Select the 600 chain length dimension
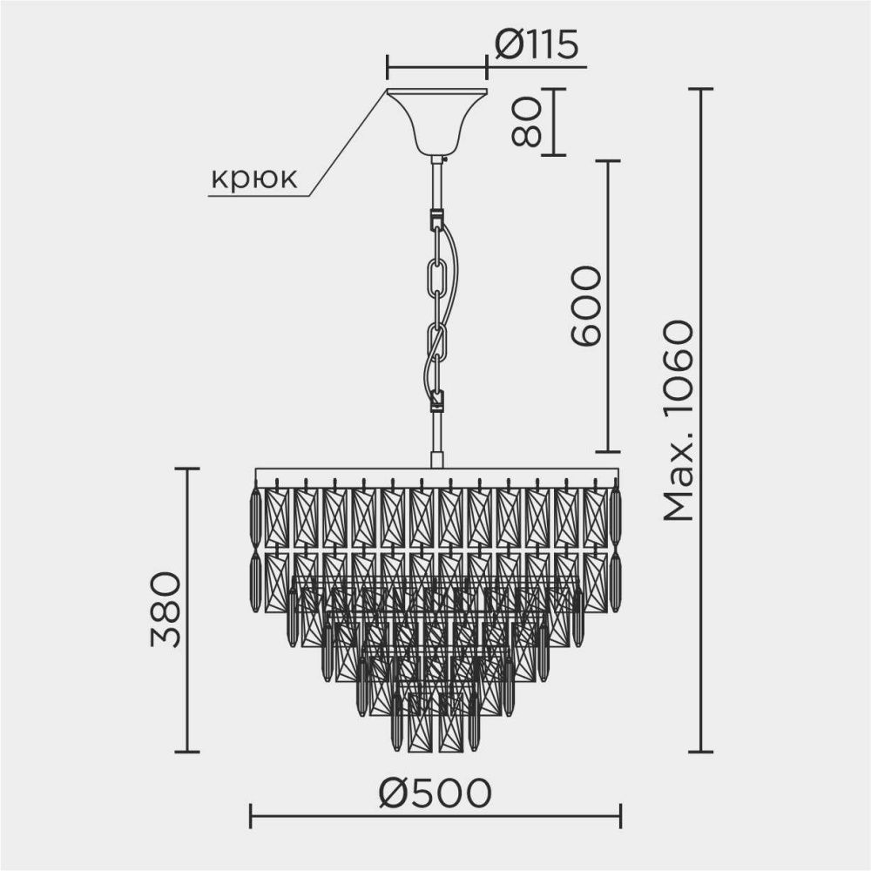pos(585,307)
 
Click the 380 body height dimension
pos(165,610)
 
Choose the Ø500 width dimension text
pos(435,792)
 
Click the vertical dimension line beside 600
pos(607,307)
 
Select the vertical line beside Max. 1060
pos(701,421)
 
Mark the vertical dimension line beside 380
pos(187,610)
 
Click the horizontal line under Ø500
pos(435,816)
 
